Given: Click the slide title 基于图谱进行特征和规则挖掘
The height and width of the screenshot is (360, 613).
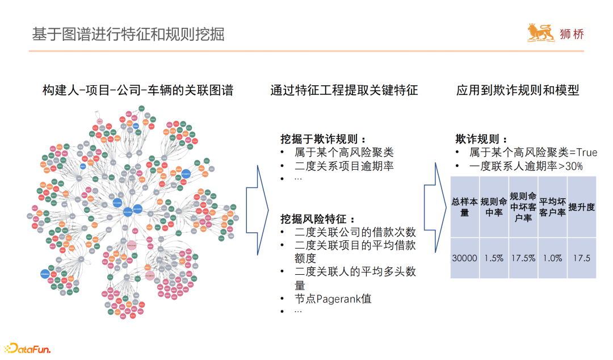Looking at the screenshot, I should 128,34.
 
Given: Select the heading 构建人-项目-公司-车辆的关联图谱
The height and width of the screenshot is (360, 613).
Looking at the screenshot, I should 137,90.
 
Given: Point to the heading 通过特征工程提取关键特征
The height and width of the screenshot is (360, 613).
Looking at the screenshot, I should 344,90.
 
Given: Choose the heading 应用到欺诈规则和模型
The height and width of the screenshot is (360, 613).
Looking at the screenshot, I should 518,90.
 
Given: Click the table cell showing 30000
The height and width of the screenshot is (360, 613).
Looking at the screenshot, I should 464,258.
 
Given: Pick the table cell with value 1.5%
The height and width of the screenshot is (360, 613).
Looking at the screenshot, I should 494,258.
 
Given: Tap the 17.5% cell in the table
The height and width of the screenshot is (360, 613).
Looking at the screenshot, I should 523,258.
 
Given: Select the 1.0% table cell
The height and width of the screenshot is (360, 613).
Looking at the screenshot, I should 552,258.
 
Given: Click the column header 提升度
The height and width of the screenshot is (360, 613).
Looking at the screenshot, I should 582,207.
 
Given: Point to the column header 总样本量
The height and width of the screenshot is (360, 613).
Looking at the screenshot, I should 464,207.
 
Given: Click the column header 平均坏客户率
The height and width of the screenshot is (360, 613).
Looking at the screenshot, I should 552,207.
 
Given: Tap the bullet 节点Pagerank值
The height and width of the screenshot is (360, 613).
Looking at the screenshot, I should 333,299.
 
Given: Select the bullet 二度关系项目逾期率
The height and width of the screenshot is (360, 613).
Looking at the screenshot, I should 344,166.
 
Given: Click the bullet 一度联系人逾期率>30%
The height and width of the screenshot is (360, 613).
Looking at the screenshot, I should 526,166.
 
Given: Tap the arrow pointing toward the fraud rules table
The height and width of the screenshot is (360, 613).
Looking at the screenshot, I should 437,208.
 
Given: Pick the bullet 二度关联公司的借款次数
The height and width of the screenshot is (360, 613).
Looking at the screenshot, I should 355,232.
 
